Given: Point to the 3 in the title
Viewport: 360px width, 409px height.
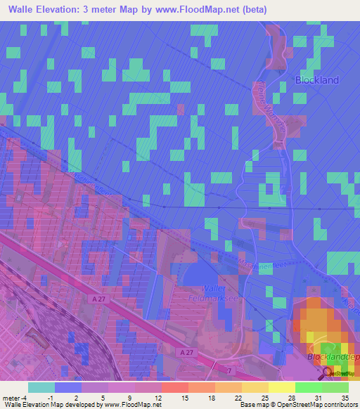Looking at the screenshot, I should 111,9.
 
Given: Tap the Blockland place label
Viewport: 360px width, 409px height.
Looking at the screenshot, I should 317,79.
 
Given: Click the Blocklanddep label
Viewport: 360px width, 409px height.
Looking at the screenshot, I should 334,358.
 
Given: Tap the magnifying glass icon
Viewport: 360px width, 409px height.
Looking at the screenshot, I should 328,374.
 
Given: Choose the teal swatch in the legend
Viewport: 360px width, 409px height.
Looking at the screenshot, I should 41,387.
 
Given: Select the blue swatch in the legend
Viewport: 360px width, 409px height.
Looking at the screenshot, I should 68,387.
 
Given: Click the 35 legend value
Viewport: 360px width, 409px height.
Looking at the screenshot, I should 345,397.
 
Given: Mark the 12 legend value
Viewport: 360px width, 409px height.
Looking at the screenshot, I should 157,397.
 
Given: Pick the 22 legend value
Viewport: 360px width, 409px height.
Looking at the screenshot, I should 238,397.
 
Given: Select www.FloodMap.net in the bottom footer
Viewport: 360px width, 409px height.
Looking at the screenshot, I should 135,405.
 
